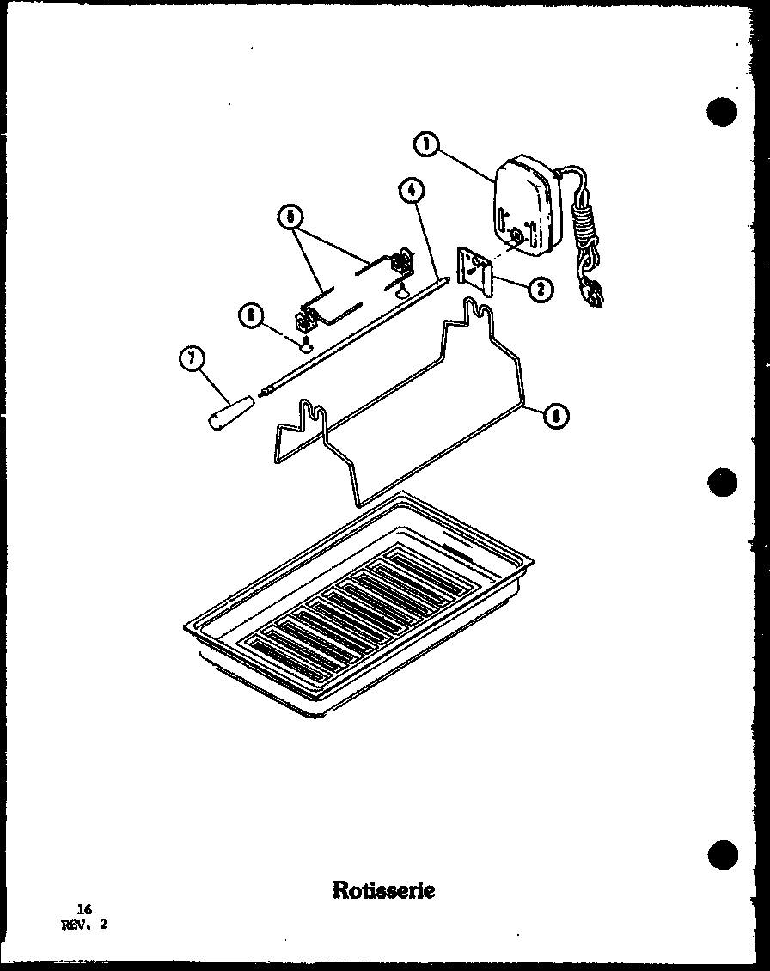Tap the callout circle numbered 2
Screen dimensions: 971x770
540,290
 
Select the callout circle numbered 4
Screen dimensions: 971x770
411,191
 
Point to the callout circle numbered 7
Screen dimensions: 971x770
191,357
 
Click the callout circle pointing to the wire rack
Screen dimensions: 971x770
556,417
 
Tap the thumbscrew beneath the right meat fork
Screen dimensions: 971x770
402,292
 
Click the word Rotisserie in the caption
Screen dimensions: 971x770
383,889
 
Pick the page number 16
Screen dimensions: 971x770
82,909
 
